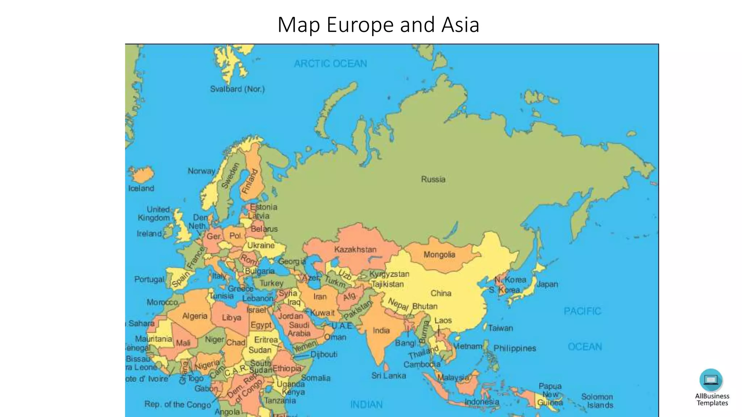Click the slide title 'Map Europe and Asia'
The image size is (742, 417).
[x=378, y=25]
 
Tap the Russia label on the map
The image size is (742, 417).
[x=433, y=179]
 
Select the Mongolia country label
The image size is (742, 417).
[x=439, y=255]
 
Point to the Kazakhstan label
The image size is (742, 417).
[x=355, y=249]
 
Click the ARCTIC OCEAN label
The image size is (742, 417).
[x=330, y=64]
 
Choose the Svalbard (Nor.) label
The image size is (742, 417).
[x=237, y=89]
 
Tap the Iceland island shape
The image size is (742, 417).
[x=142, y=175]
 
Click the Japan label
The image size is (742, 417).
[x=547, y=284]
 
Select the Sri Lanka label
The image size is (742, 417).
[x=388, y=376]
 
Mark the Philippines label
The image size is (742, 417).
[x=514, y=348]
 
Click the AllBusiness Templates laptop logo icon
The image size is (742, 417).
[x=711, y=380]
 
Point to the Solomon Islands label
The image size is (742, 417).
[x=597, y=401]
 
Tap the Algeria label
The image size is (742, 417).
[x=195, y=316]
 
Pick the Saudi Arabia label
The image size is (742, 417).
[x=299, y=329]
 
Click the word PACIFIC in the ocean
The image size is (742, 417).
[x=582, y=311]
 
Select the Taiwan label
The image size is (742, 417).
[x=500, y=328]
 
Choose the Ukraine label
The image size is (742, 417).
[x=261, y=245]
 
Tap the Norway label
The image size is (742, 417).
[x=201, y=171]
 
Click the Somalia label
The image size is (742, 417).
[x=316, y=378]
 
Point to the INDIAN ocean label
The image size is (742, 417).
[x=366, y=404]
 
